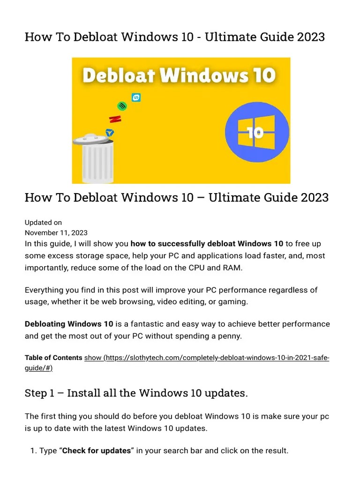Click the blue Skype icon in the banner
pyautogui.click(x=136, y=97)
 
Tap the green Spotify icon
pyautogui.click(x=122, y=106)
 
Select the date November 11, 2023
pyautogui.click(x=56, y=232)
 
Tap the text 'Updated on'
pyautogui.click(x=43, y=223)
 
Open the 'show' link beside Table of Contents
pyautogui.click(x=92, y=358)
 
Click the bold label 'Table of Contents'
pyautogui.click(x=53, y=358)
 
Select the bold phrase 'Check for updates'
pyautogui.click(x=96, y=450)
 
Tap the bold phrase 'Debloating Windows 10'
pyautogui.click(x=69, y=324)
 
